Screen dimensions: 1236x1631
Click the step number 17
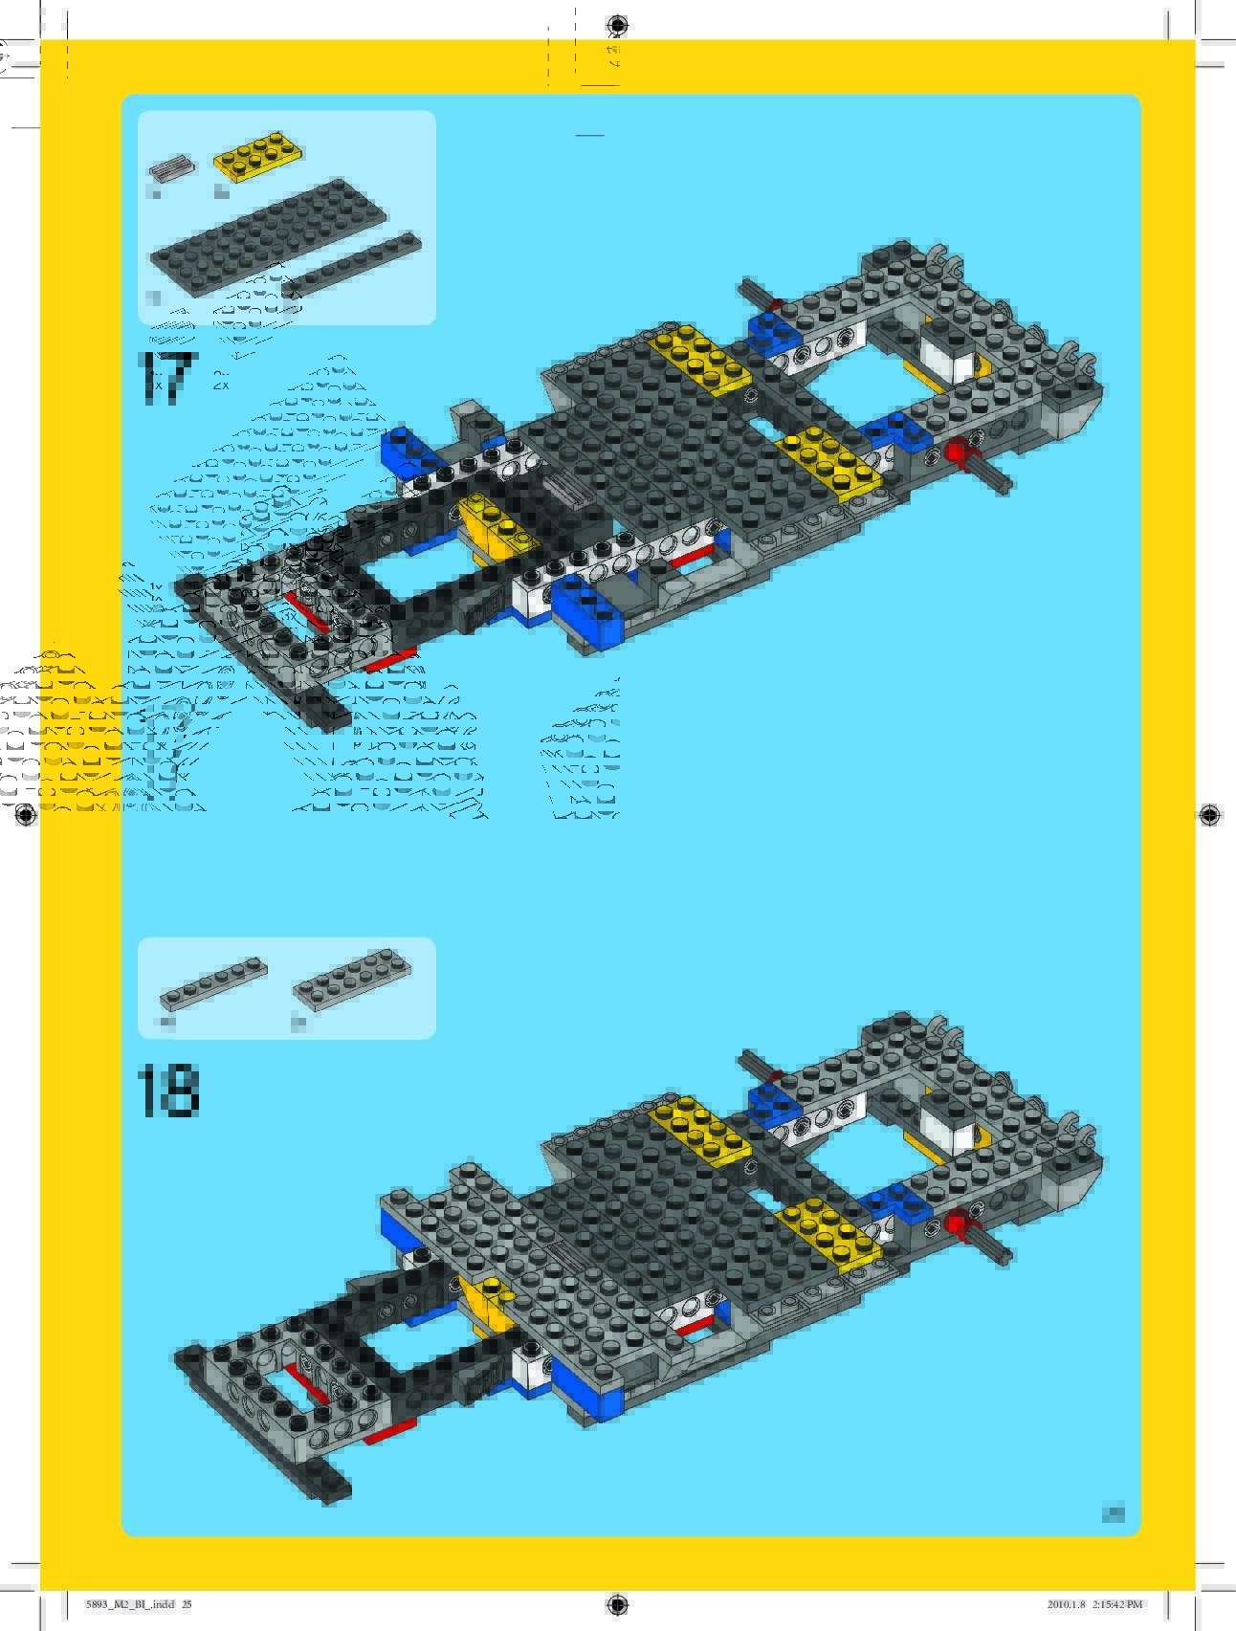166,377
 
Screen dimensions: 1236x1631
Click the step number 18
168,1091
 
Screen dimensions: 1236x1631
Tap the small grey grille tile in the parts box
170,167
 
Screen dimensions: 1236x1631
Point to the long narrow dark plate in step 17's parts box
351,263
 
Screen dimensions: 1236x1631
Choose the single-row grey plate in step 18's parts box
212,983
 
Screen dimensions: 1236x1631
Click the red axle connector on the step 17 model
957,452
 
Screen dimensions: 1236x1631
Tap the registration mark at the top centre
618,25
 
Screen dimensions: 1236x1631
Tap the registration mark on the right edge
1209,815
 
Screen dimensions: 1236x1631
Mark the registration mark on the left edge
26,815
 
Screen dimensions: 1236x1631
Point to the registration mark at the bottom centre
618,1604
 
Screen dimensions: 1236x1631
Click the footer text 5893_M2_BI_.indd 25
139,1604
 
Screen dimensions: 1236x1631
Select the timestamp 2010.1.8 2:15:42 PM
1094,1604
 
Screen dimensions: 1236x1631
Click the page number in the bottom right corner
1113,1513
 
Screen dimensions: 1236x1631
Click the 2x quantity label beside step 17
221,385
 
